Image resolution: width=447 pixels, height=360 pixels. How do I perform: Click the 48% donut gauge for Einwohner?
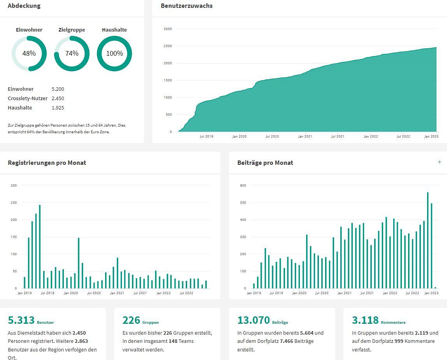(29, 53)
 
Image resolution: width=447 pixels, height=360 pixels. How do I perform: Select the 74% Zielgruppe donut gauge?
(72, 53)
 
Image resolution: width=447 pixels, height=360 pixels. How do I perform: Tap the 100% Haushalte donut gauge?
(114, 53)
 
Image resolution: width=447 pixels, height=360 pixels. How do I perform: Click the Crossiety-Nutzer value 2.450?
(58, 99)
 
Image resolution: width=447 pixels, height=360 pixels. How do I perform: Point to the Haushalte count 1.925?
(58, 108)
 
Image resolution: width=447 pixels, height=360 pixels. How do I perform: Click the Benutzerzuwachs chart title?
(187, 6)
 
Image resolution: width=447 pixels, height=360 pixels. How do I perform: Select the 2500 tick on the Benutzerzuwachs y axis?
(168, 46)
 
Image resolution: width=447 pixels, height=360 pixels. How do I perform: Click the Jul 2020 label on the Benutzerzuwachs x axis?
(272, 136)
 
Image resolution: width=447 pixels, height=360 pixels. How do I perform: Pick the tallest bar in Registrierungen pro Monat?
(40, 246)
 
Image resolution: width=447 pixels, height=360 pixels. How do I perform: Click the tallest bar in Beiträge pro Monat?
(428, 240)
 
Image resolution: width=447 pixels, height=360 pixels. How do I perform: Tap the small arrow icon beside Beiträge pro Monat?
(440, 162)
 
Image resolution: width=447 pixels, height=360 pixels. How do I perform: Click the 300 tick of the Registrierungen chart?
(14, 185)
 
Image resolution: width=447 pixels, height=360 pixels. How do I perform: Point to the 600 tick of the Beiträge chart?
(243, 185)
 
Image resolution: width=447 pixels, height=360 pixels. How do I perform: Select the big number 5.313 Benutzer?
(21, 320)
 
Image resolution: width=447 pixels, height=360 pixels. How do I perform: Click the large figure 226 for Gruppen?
(131, 320)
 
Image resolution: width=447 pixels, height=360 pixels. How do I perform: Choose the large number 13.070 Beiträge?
(253, 320)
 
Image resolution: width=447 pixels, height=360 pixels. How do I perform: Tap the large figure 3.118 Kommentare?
(365, 320)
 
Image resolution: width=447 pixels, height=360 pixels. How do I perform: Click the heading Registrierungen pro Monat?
(47, 163)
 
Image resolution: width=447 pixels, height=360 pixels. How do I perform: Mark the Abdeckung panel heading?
(24, 6)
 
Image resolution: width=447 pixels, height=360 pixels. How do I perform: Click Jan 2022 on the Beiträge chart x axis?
(390, 293)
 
